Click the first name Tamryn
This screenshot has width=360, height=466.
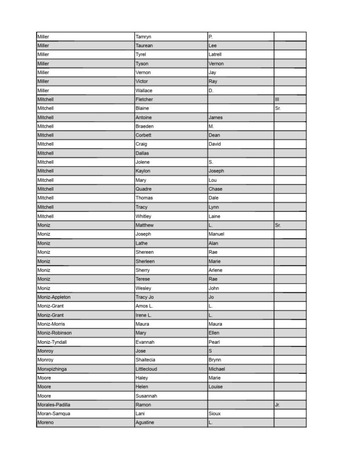coord(143,37)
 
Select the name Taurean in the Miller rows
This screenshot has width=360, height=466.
coord(145,46)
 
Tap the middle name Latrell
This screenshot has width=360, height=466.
coord(215,55)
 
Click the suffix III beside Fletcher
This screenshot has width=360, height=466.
coord(277,100)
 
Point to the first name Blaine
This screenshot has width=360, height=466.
coord(142,109)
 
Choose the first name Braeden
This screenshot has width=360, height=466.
coord(145,127)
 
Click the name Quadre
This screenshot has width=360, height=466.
coord(143,189)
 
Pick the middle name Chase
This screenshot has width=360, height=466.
coord(215,189)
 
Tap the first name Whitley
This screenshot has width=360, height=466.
coord(143,216)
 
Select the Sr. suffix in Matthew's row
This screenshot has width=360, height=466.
coord(278,225)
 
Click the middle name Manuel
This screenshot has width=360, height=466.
coord(217,234)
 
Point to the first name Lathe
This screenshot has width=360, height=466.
coord(142,243)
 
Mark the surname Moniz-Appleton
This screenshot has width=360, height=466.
coord(54,297)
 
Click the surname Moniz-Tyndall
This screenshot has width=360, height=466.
coord(52,342)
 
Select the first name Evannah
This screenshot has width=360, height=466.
coord(145,342)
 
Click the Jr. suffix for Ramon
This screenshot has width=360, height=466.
coord(277,405)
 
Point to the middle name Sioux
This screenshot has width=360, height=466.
coord(215,414)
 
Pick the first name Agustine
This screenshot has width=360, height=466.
coord(145,423)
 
